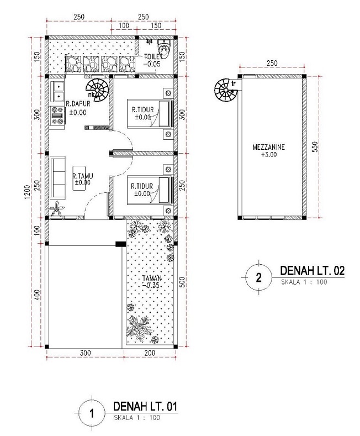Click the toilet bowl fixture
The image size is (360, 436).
pos(164,49)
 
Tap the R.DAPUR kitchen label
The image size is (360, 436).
pos(78,104)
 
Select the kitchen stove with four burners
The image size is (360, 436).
pos(57,115)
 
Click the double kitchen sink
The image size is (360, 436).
pos(57,92)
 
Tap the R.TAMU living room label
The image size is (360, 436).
pos(82,176)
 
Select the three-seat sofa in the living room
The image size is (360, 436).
pos(58,178)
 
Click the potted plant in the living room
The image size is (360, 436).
pos(57,209)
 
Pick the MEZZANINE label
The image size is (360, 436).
pos(268,147)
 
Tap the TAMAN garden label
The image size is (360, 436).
pos(152,278)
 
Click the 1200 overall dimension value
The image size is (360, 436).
pos(27,192)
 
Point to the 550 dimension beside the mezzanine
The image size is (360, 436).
pos(314,147)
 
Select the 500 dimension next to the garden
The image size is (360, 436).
pos(182,282)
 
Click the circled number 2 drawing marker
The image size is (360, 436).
pos(259,277)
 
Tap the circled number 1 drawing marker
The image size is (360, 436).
pos(92,414)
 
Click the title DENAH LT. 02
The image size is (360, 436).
pos(312,271)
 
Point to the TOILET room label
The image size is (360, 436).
pos(153,57)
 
